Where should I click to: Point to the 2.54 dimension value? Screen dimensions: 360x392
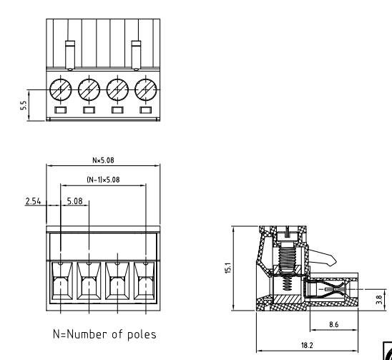click(x=33, y=202)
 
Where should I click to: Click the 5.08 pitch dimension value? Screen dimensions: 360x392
click(x=74, y=202)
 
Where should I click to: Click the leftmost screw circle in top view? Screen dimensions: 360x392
click(x=60, y=89)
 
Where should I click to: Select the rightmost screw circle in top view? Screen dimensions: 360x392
click(x=146, y=89)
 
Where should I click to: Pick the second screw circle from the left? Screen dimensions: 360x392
click(x=89, y=89)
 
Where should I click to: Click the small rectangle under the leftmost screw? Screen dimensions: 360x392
click(x=60, y=110)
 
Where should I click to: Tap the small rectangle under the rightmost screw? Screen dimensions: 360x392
click(x=146, y=110)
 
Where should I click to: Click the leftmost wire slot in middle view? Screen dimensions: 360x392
click(x=60, y=286)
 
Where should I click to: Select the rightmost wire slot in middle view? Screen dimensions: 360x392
click(x=145, y=286)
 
